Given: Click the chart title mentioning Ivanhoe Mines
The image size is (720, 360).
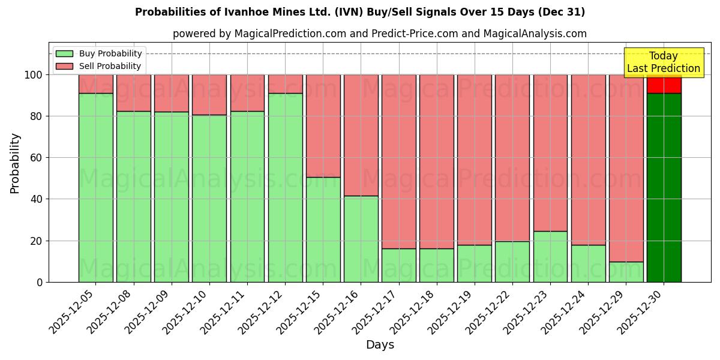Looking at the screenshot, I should click(360, 12).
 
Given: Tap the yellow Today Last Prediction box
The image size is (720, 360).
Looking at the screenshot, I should click(663, 62).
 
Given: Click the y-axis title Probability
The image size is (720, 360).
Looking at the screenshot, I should click(15, 163).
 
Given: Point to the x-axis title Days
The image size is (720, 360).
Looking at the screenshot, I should click(380, 344).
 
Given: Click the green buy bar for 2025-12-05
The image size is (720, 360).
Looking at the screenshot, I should click(96, 187).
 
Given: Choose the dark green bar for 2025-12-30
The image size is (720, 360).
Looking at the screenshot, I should click(664, 187).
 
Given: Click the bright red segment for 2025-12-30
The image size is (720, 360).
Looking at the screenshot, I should click(664, 84).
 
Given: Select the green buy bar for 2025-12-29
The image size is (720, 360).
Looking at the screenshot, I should click(626, 272).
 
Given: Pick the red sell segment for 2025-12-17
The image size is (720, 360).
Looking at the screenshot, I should click(398, 162).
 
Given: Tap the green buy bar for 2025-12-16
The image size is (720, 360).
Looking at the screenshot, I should click(361, 239).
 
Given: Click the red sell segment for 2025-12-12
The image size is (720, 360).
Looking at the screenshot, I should click(285, 84).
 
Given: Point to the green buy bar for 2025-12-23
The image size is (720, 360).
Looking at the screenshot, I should click(550, 256).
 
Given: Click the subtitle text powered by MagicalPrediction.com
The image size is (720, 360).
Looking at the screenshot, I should click(380, 34).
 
